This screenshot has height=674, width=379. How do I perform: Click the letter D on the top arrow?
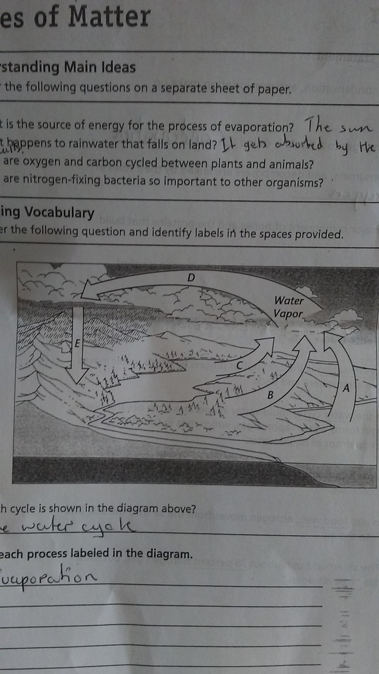coord(191,277)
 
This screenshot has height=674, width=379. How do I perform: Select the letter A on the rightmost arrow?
coord(346,387)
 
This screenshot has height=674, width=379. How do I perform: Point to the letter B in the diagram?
coord(270,395)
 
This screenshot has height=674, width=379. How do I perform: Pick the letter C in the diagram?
coord(239,365)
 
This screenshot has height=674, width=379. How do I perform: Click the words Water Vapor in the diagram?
coord(289,307)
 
